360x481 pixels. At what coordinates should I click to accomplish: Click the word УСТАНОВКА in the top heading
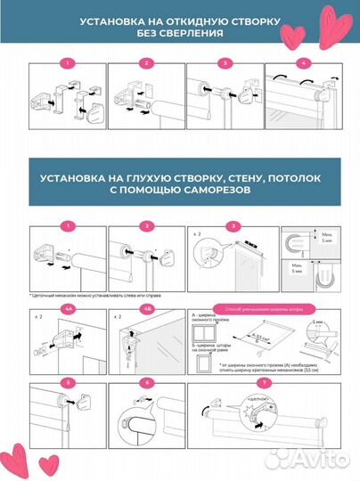[x=108, y=20]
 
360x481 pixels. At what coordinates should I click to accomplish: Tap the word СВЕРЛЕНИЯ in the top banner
[x=187, y=33]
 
